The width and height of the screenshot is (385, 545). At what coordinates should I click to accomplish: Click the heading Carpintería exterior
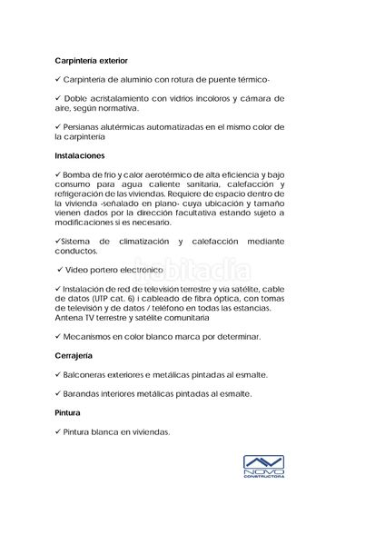click(91, 60)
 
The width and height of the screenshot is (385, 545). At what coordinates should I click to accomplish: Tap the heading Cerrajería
click(74, 355)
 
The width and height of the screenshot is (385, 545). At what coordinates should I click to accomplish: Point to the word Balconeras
click(89, 374)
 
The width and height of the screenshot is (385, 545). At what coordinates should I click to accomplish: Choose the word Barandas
click(84, 393)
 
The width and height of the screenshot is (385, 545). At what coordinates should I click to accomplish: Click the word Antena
click(69, 317)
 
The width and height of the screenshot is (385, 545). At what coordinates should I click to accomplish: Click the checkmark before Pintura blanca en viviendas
click(57, 431)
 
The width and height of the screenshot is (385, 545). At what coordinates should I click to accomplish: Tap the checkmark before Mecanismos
click(57, 336)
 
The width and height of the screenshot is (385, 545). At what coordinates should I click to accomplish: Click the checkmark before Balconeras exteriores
click(57, 374)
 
